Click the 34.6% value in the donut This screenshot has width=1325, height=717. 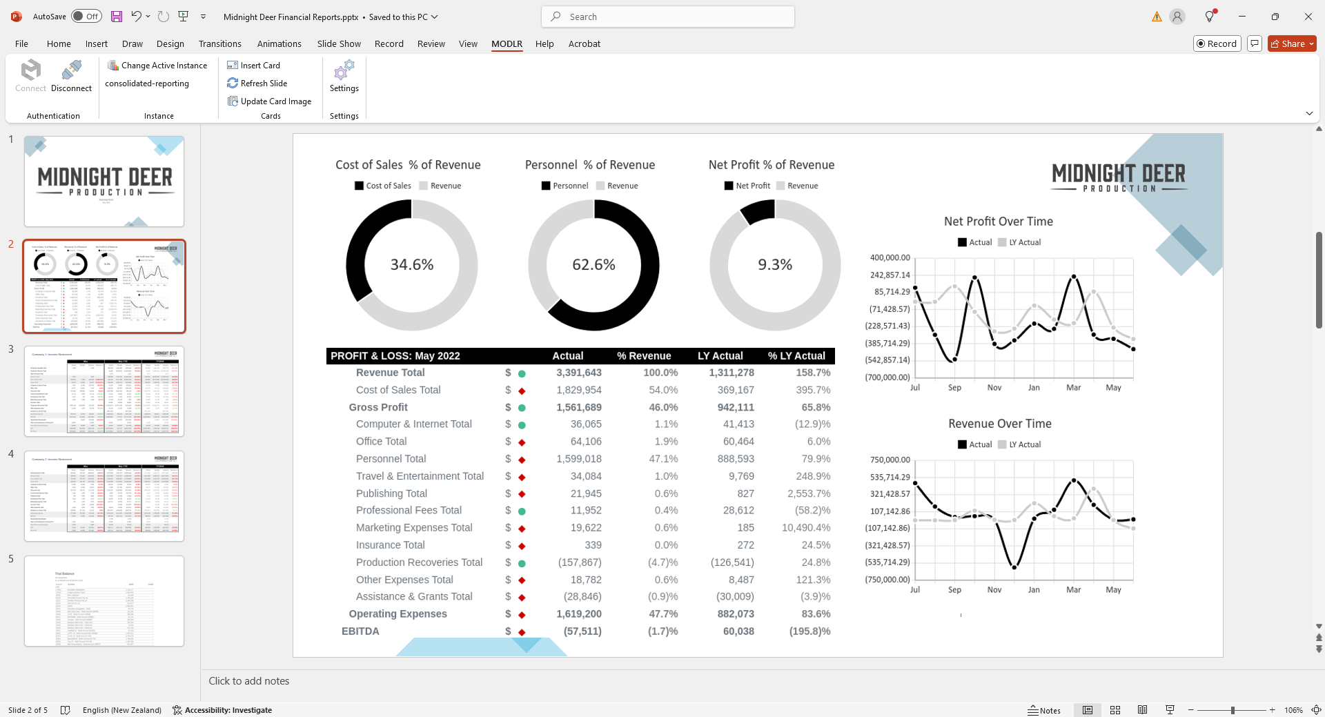[x=412, y=265]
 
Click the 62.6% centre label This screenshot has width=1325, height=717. [x=593, y=265]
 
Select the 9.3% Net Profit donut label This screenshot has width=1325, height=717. [x=775, y=265]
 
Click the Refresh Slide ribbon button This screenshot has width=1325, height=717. [x=257, y=84]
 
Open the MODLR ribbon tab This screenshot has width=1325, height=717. [x=507, y=43]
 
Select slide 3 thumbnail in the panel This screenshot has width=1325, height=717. [x=104, y=391]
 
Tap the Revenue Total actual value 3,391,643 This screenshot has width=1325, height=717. [x=578, y=373]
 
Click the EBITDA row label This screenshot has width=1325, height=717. [x=360, y=631]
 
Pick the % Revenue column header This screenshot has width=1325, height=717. [x=643, y=356]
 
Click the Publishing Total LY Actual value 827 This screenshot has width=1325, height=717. [x=745, y=493]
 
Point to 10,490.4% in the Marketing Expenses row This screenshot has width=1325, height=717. [x=805, y=528]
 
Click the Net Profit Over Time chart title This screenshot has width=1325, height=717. [x=998, y=222]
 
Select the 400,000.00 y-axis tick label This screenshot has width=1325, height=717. [x=890, y=258]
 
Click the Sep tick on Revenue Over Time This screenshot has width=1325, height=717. [x=954, y=590]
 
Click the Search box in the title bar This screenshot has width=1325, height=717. [x=668, y=17]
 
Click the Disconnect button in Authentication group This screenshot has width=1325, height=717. [x=71, y=76]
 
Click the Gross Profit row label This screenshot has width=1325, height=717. [x=378, y=407]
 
